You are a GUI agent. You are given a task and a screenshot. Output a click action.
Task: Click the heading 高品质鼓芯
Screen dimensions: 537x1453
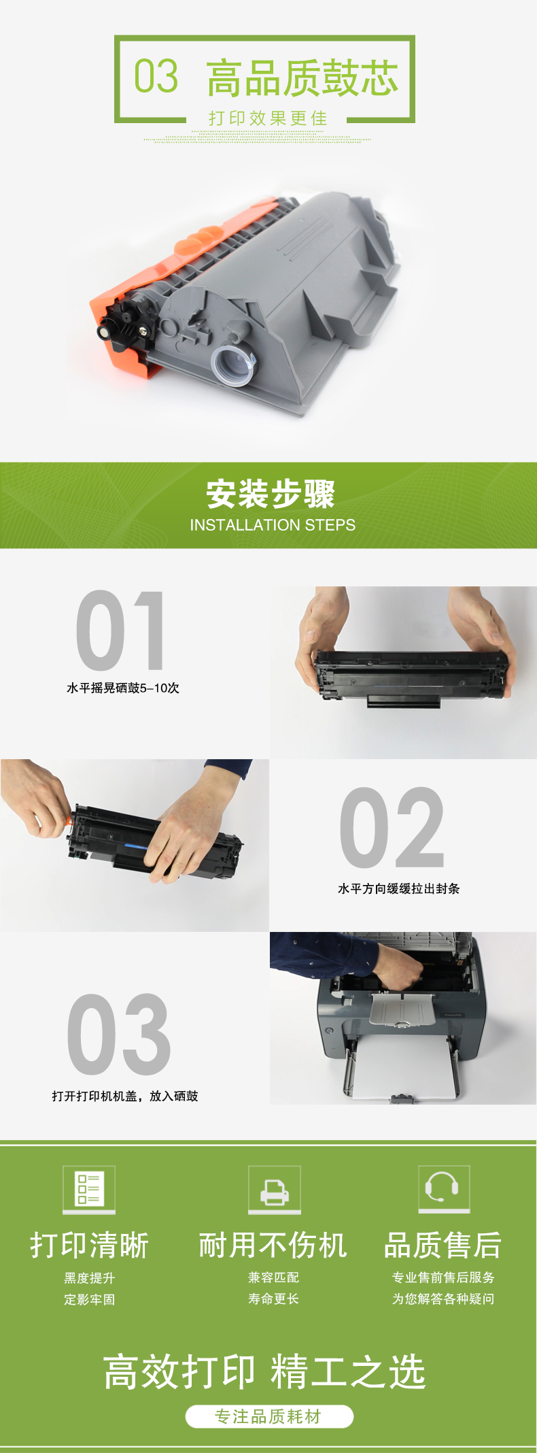click(x=302, y=78)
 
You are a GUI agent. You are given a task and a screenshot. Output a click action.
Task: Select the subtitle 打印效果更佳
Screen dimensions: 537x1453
click(x=268, y=118)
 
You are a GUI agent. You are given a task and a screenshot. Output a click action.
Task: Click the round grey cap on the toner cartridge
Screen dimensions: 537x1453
click(x=232, y=365)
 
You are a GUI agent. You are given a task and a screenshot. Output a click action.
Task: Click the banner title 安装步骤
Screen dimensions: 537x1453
click(x=271, y=494)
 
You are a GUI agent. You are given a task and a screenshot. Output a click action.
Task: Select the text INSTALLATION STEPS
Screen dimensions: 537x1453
click(x=273, y=525)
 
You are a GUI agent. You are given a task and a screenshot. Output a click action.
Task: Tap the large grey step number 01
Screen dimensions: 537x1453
click(x=120, y=631)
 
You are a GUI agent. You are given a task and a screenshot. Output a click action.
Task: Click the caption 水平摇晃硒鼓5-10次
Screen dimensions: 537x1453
click(x=123, y=688)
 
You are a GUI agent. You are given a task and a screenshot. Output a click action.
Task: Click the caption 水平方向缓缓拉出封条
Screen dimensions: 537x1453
click(x=399, y=888)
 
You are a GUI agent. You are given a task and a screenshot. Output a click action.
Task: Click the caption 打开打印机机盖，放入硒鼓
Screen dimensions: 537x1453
click(x=125, y=1096)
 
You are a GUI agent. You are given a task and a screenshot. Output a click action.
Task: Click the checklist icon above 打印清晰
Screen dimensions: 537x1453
click(x=89, y=1189)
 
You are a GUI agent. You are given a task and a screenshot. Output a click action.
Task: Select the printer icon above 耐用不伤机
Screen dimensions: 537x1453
click(x=275, y=1189)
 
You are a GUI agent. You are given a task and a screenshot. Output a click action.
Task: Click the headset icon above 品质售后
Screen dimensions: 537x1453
click(x=444, y=1188)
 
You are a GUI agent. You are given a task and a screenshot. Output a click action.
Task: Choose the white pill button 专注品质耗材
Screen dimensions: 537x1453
click(x=269, y=1416)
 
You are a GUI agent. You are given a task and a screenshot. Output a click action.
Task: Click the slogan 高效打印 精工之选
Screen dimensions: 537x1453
click(x=264, y=1371)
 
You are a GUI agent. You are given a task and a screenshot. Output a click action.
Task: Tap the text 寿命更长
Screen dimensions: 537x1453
click(x=273, y=1299)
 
